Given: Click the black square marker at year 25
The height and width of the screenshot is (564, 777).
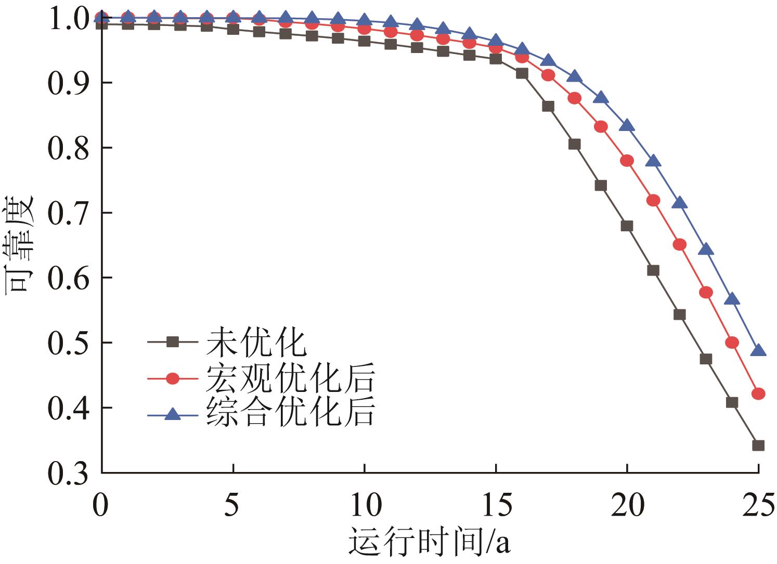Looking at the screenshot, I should (758, 445).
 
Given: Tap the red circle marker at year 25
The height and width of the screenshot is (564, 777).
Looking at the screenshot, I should (758, 394).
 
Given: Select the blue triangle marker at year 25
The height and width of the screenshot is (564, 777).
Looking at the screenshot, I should (758, 350).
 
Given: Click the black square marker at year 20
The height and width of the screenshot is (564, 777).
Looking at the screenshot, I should (627, 226).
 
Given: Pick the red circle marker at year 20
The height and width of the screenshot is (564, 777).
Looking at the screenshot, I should (627, 161).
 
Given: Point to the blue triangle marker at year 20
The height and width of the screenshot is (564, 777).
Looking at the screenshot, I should (627, 125).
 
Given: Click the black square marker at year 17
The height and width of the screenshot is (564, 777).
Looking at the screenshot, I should (548, 106).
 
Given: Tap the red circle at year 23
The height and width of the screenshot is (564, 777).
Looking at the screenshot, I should (706, 292).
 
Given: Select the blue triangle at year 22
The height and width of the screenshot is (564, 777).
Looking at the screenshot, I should (679, 203).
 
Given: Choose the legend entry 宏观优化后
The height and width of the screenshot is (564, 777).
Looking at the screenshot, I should (290, 378).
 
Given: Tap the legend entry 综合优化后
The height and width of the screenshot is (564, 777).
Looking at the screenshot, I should (290, 413).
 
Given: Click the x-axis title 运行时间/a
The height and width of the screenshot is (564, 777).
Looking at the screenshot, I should (429, 542).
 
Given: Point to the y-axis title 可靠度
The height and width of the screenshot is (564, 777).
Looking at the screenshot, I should (20, 244).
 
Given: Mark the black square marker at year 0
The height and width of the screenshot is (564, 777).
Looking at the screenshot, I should (102, 24).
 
